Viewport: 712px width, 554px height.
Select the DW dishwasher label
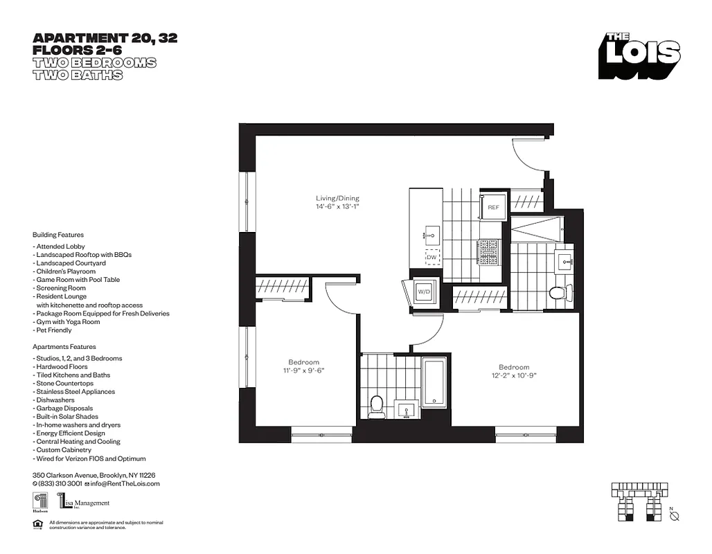point(431,258)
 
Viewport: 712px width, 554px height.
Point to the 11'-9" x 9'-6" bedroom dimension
point(303,370)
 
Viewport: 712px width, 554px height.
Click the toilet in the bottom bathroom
point(377,406)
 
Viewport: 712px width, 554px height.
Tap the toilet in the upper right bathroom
point(557,292)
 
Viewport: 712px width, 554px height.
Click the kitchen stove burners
point(489,252)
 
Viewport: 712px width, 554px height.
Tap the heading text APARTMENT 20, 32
point(105,39)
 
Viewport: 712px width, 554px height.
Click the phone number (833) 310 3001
point(60,483)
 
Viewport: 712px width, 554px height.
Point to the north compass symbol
point(675,516)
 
